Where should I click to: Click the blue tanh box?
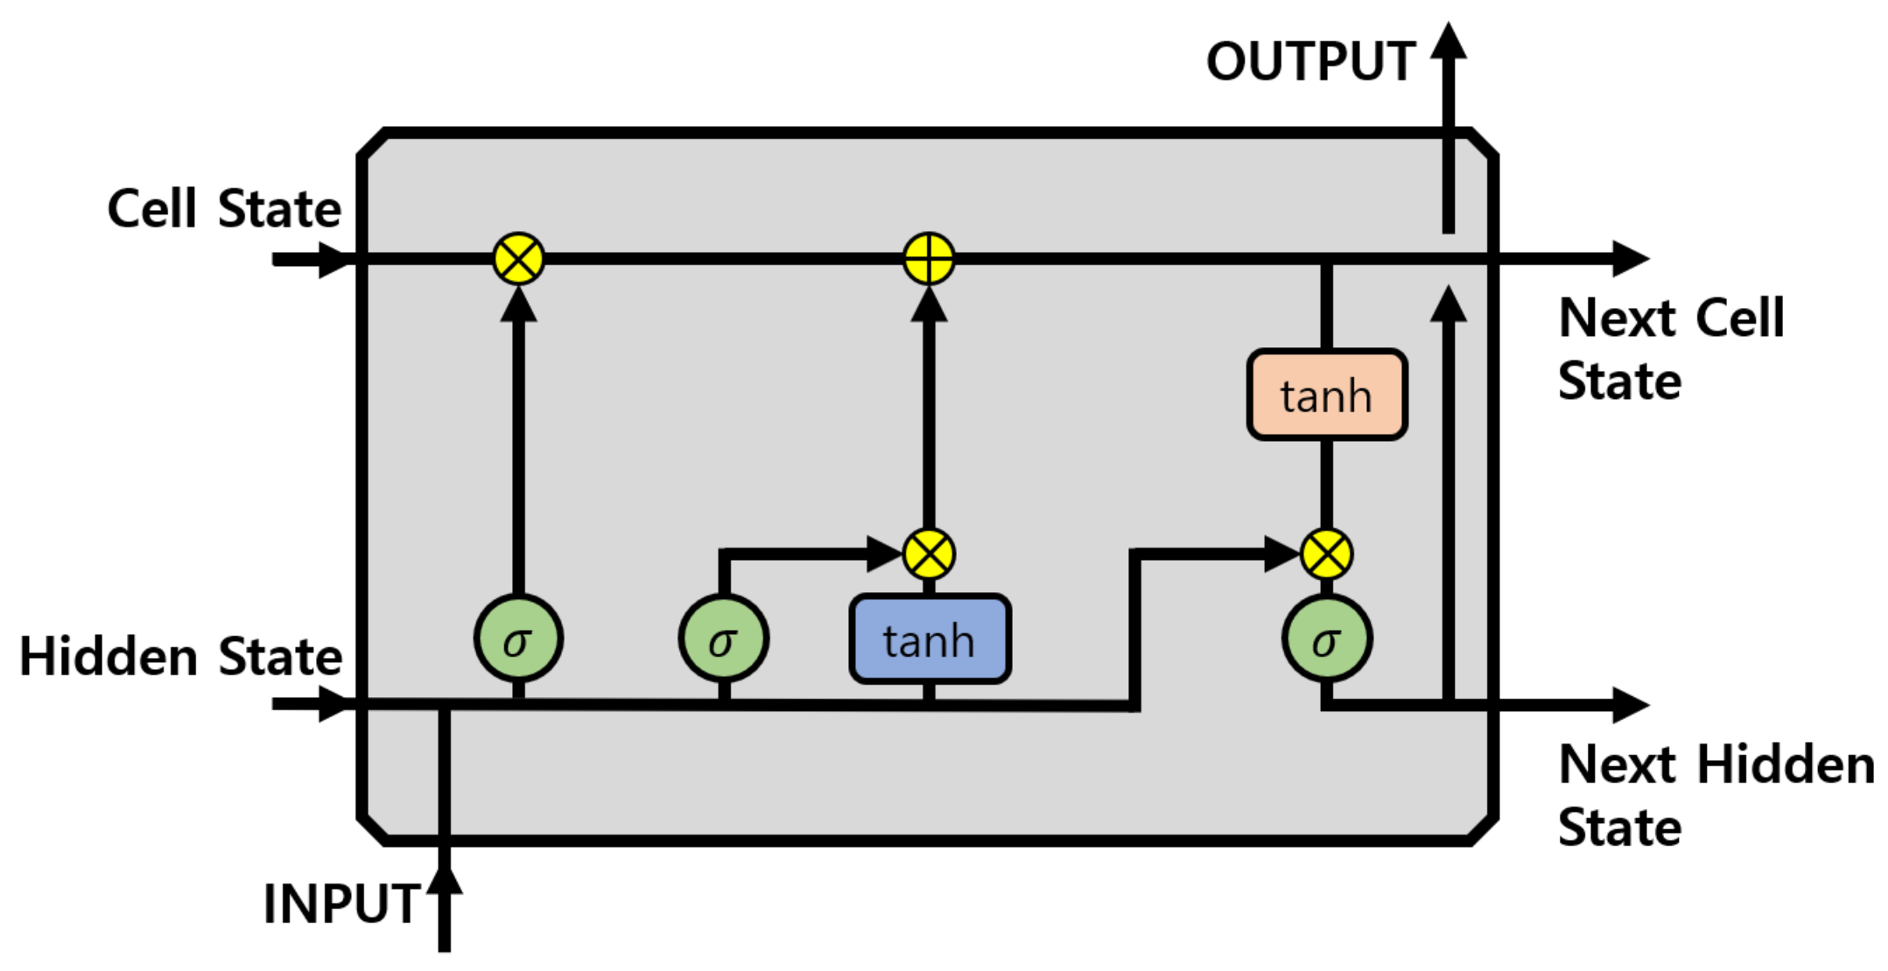(930, 639)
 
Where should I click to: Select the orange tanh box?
(1326, 395)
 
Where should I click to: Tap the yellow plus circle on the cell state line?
(929, 259)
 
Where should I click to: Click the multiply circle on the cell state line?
(518, 259)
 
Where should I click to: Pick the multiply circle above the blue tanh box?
(929, 555)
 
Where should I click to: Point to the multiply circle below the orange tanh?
(1326, 555)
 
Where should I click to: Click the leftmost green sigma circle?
(518, 639)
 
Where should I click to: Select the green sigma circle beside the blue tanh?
(723, 639)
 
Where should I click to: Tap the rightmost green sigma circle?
(1326, 639)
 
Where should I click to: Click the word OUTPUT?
(1310, 62)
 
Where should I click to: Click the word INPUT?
(341, 904)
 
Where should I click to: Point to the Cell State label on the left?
(224, 209)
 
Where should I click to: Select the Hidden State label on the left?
(180, 656)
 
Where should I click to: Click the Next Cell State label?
(1670, 349)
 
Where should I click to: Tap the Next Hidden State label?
(1716, 795)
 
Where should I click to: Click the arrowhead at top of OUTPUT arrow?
(1449, 42)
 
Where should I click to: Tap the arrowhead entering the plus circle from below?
(929, 305)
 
